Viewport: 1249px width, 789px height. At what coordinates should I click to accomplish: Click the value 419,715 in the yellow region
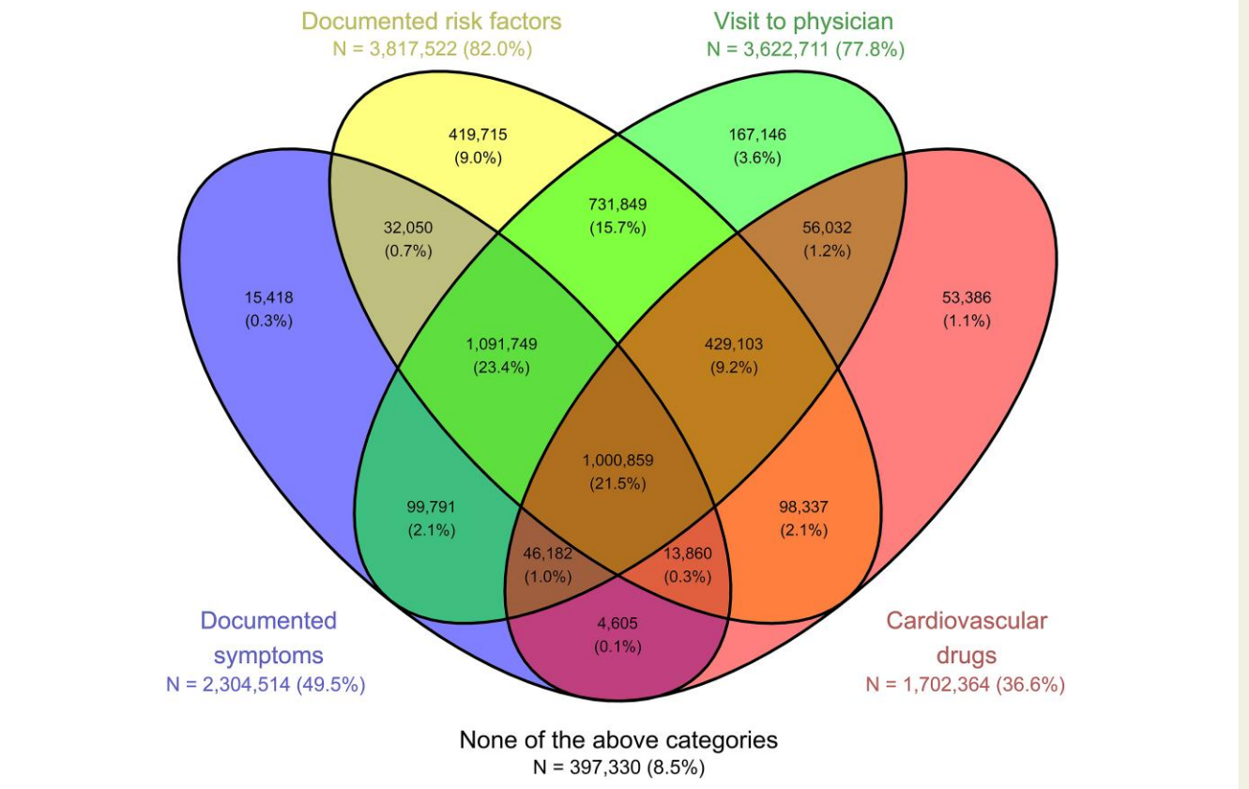pos(478,134)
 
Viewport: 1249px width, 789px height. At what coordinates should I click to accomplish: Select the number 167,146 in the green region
pos(757,134)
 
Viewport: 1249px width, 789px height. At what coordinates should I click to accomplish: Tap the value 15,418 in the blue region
pos(268,297)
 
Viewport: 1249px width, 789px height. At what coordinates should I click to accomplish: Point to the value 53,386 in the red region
pos(967,297)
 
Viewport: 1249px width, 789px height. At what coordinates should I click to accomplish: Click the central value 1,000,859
pos(617,460)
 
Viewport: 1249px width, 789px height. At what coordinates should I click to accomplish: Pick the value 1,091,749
pos(502,343)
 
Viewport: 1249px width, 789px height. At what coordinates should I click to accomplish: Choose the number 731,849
pos(617,205)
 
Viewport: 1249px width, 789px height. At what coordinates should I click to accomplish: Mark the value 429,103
pos(734,343)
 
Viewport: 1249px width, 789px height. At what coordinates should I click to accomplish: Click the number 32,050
pos(408,227)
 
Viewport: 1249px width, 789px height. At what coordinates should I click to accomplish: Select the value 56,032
pos(827,227)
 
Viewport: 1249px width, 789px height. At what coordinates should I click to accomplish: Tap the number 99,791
pos(431,507)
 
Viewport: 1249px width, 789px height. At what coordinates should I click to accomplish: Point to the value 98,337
pos(803,507)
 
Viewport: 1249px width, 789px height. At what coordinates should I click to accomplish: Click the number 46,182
pos(548,554)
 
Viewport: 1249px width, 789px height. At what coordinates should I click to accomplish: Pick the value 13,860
pos(688,554)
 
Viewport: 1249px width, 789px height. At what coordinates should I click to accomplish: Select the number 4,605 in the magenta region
pos(617,623)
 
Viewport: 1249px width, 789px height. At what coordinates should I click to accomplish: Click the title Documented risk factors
pos(432,22)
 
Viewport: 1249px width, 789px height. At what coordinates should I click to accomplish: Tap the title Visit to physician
pos(803,22)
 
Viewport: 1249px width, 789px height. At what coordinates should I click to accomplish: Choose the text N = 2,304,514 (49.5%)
pos(266,684)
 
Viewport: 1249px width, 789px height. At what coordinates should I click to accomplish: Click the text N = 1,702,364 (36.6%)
pos(966,684)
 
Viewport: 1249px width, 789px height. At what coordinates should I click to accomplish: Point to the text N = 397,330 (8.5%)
pos(619,767)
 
